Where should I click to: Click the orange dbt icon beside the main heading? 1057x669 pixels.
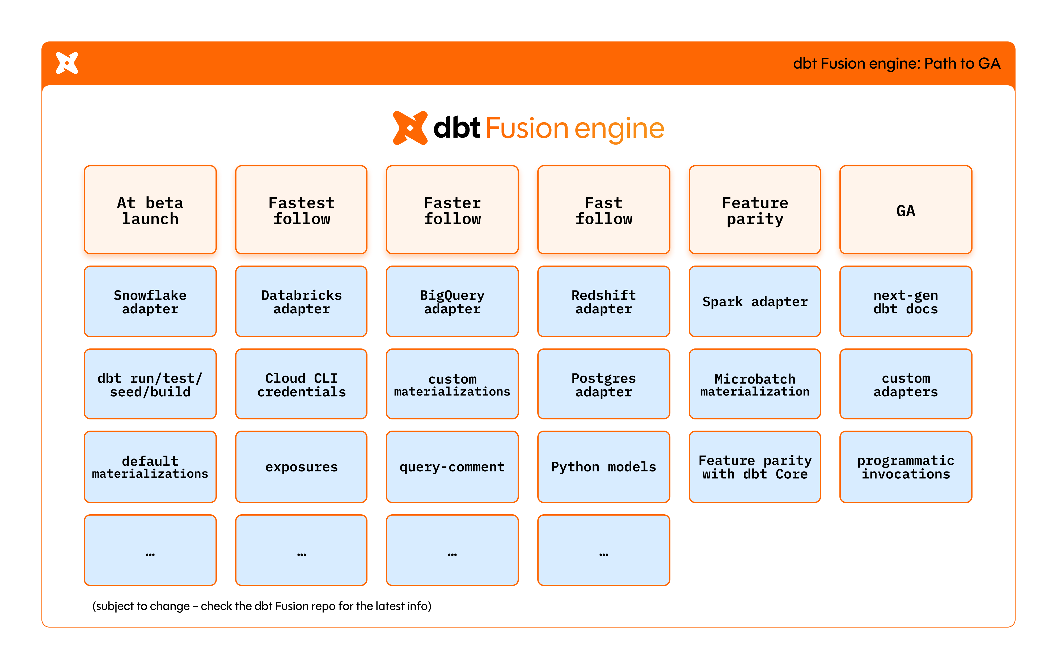pyautogui.click(x=409, y=128)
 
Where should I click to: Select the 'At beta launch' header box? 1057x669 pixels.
pyautogui.click(x=150, y=210)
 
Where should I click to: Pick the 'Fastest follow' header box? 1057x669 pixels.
pyautogui.click(x=301, y=210)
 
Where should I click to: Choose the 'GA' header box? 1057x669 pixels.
pyautogui.click(x=906, y=210)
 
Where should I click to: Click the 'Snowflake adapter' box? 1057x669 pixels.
pyautogui.click(x=150, y=302)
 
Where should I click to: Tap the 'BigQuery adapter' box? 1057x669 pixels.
pyautogui.click(x=452, y=302)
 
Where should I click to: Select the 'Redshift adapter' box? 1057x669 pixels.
pyautogui.click(x=603, y=302)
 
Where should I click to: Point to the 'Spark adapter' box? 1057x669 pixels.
pyautogui.click(x=755, y=302)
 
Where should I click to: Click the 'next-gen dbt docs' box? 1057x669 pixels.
pyautogui.click(x=906, y=302)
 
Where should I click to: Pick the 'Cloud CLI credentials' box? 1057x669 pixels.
pyautogui.click(x=301, y=384)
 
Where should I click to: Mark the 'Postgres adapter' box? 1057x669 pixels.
pyautogui.click(x=603, y=384)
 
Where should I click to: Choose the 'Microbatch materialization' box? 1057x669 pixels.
pyautogui.click(x=755, y=384)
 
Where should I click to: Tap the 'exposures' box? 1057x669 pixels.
pyautogui.click(x=301, y=467)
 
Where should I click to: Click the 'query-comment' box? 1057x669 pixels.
pyautogui.click(x=452, y=467)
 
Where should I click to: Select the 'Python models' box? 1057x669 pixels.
pyautogui.click(x=603, y=467)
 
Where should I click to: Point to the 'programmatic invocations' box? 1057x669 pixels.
pyautogui.click(x=906, y=467)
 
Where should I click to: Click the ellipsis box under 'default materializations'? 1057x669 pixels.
pyautogui.click(x=150, y=550)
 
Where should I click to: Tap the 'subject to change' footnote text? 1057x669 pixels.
pyautogui.click(x=262, y=606)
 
